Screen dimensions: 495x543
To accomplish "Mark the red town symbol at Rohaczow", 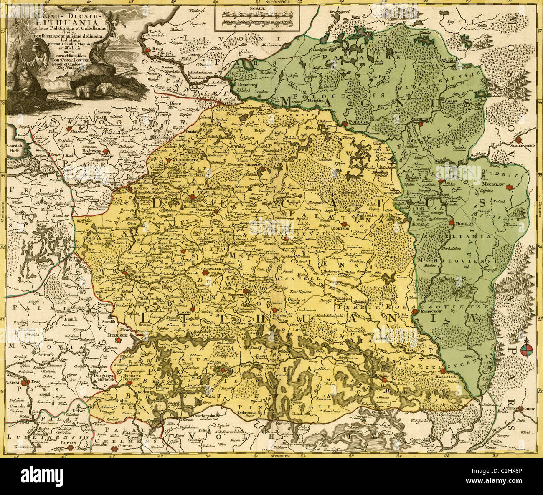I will point(414,312).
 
